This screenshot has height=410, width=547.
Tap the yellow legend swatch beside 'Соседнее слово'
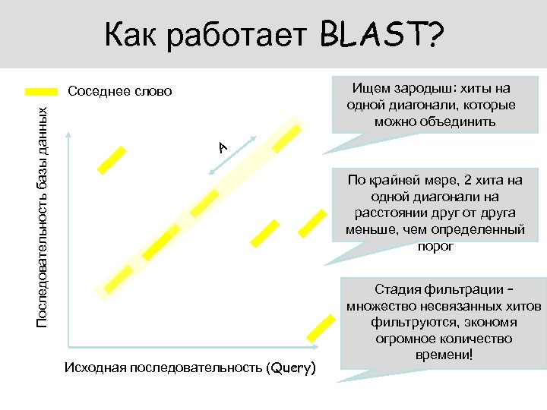point(41,92)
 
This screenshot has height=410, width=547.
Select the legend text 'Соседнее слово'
point(120,92)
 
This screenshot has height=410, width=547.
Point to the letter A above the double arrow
point(222,146)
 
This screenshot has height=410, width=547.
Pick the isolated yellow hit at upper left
point(111,158)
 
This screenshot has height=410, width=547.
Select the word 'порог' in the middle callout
point(435,246)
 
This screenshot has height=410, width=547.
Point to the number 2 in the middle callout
point(463,181)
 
